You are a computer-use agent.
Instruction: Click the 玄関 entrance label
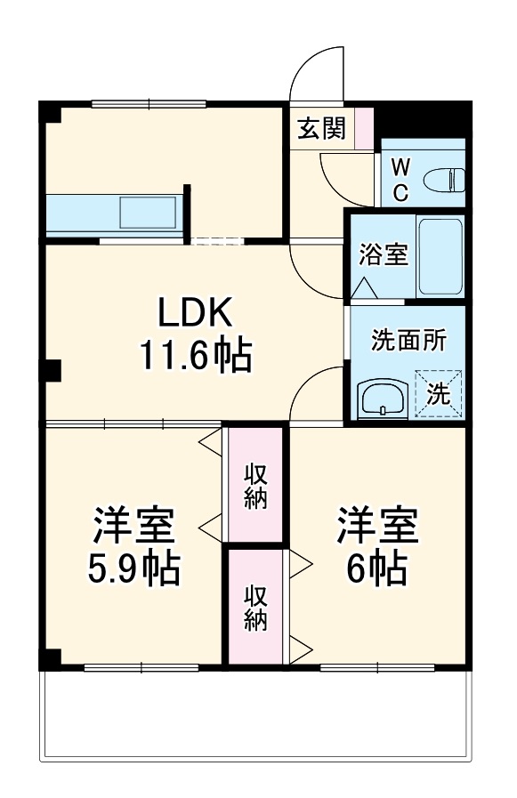click(320, 130)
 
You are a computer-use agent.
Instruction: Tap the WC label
click(400, 179)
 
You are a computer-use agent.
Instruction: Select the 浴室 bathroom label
click(383, 254)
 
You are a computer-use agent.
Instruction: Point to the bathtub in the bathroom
click(439, 256)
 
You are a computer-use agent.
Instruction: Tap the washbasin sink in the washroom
click(384, 399)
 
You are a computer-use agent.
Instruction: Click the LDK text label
click(195, 312)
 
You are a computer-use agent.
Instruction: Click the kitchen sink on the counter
click(148, 213)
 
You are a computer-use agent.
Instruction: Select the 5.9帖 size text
click(133, 567)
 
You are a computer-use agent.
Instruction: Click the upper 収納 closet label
click(255, 485)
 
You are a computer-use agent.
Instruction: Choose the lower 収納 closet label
click(255, 608)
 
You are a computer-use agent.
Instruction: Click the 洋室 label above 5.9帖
click(133, 526)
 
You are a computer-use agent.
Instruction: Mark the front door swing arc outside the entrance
click(317, 71)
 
